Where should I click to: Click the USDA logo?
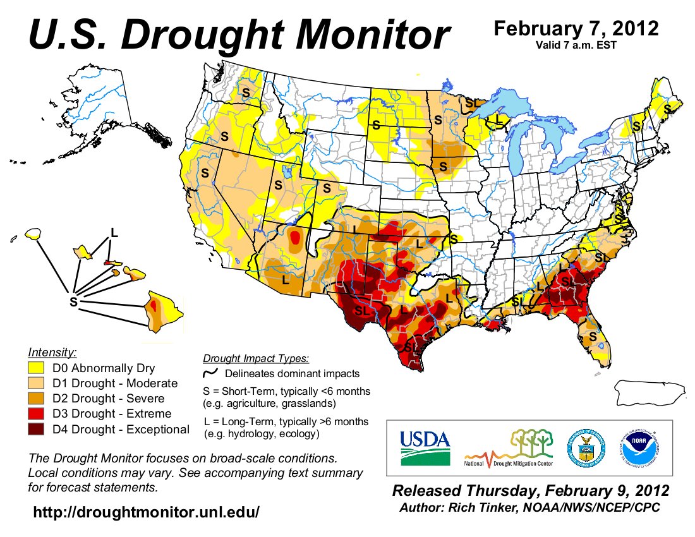[x=425, y=447]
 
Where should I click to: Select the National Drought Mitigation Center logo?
[x=509, y=449]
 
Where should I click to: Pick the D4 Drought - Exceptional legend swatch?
[x=37, y=430]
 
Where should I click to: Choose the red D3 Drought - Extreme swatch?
[x=37, y=414]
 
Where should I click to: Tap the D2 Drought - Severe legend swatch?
[x=37, y=399]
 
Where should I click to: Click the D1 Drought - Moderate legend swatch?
[x=37, y=383]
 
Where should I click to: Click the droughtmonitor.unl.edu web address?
[x=146, y=512]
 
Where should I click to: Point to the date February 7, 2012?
[x=576, y=29]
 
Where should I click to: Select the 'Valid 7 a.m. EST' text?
[x=576, y=45]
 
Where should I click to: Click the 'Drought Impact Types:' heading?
[x=256, y=359]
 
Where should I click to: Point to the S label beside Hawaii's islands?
[x=73, y=302]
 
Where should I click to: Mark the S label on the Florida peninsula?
[x=593, y=337]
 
